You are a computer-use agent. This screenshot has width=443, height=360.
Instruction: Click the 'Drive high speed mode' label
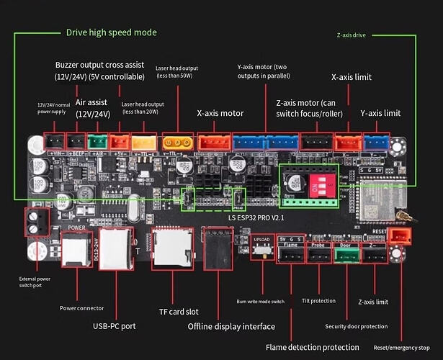click(111, 32)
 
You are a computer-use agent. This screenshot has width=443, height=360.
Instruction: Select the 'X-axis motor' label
click(220, 113)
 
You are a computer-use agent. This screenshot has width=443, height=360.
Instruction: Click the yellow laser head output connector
click(176, 143)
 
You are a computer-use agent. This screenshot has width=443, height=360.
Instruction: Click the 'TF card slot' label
click(179, 312)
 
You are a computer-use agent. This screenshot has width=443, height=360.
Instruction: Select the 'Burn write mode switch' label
click(260, 301)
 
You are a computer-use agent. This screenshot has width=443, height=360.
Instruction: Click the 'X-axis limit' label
click(352, 76)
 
